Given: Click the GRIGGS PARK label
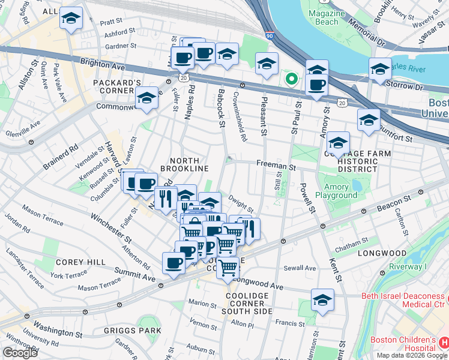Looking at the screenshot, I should click(x=137, y=330).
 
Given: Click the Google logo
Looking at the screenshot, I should click(x=20, y=353).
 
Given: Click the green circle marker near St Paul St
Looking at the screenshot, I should click(x=291, y=78).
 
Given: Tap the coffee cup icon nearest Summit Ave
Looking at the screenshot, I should click(x=173, y=263).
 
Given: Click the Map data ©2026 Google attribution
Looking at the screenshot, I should click(x=411, y=355).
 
